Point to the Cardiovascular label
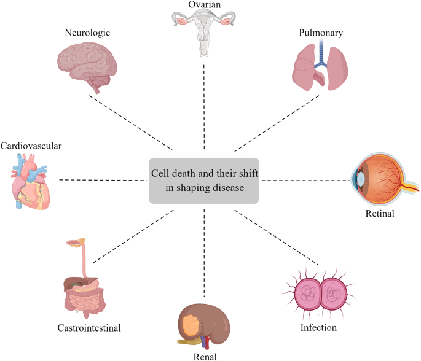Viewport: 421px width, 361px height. point(31,146)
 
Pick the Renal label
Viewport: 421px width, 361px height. point(205,355)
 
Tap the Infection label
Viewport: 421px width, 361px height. point(318,328)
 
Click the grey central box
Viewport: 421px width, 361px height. point(204,180)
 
